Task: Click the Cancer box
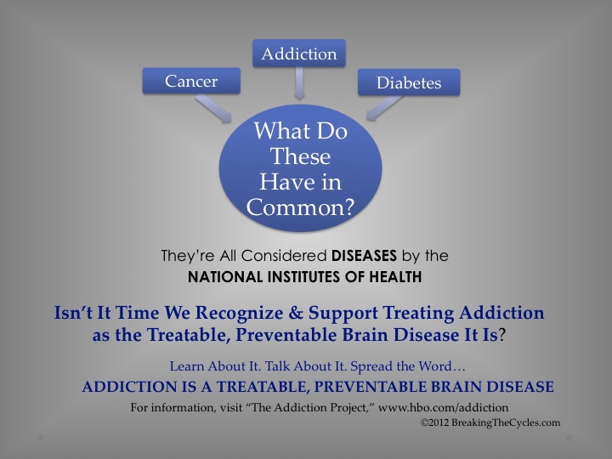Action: (191, 81)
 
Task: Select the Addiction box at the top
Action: (299, 53)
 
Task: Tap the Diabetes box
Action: (409, 82)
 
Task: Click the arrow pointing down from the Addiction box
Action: (299, 83)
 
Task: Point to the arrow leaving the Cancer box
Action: (214, 109)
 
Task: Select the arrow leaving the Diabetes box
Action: (384, 108)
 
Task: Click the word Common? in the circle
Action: (300, 207)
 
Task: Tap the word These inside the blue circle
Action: (300, 156)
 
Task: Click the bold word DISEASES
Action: (364, 256)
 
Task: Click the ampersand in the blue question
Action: (296, 313)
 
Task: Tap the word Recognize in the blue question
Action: (239, 314)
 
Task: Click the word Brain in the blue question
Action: (365, 335)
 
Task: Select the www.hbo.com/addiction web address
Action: (444, 407)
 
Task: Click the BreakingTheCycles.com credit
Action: (506, 422)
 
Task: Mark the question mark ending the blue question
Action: (502, 335)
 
